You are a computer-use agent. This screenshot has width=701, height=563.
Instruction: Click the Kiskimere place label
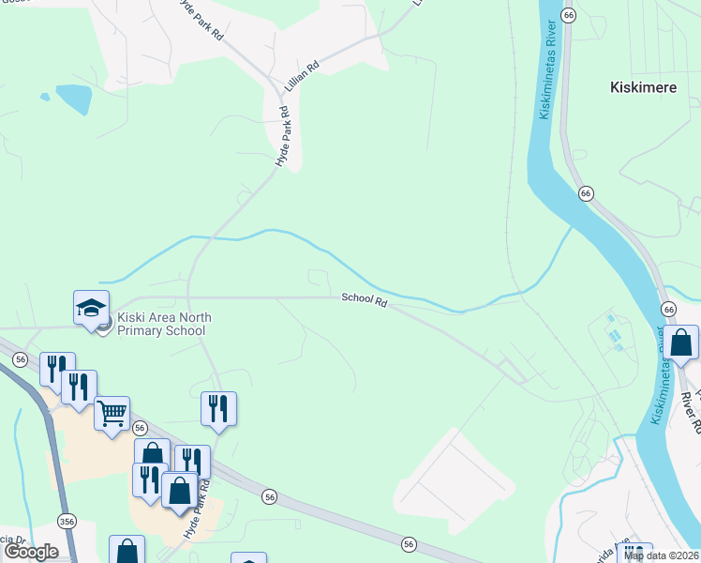(x=635, y=87)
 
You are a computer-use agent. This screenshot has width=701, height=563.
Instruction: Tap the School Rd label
(x=365, y=298)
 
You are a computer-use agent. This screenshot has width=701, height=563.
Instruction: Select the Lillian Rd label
(x=302, y=78)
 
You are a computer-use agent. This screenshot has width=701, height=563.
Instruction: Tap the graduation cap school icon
(x=92, y=307)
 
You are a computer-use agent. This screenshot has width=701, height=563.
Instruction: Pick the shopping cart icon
(x=112, y=413)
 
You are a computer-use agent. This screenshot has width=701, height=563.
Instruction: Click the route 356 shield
(x=66, y=521)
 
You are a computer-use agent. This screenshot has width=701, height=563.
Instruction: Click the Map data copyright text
(x=662, y=555)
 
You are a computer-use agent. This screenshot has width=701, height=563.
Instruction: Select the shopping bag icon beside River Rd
(x=682, y=343)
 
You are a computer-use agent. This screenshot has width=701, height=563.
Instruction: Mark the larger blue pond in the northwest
(x=73, y=98)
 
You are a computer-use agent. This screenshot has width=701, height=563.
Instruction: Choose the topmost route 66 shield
(x=568, y=15)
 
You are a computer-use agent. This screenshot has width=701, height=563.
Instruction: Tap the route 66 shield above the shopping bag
(x=668, y=309)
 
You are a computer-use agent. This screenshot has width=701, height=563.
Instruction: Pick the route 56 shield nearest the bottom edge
(x=409, y=543)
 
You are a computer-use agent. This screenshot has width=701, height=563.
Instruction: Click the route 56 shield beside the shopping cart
(x=140, y=427)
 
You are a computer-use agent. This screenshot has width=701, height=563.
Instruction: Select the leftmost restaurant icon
(x=57, y=369)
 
